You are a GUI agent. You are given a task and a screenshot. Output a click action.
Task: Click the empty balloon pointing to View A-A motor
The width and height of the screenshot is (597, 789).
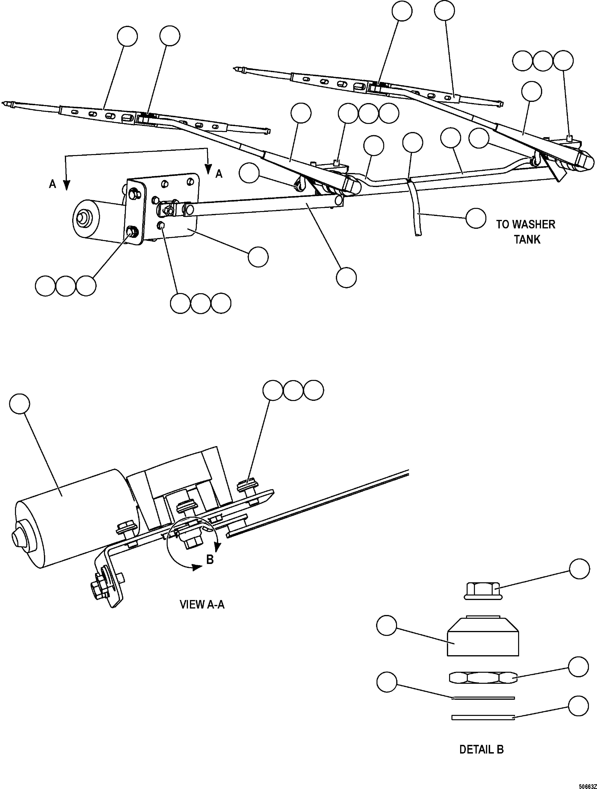[20, 404]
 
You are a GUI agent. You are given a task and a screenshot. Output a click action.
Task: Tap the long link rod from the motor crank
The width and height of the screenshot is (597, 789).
[261, 208]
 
